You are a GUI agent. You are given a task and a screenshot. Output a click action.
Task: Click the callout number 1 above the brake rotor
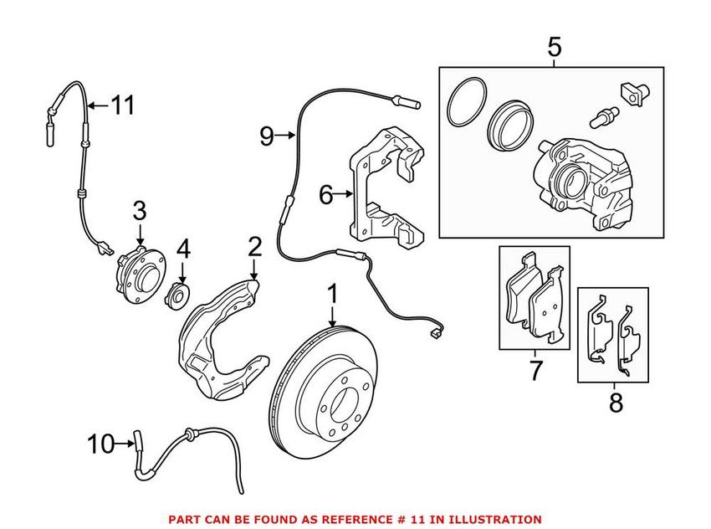(332, 295)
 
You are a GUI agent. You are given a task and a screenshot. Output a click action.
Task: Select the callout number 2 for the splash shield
(255, 247)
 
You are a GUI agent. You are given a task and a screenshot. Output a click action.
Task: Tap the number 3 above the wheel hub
(139, 209)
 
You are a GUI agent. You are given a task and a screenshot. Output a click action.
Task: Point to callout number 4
(182, 249)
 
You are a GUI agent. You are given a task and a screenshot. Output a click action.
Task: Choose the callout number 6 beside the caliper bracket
(327, 195)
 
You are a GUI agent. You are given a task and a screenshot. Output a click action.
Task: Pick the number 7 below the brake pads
(535, 369)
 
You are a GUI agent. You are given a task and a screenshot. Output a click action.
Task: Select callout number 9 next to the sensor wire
(267, 135)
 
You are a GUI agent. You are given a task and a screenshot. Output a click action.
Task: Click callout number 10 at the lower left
(100, 444)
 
